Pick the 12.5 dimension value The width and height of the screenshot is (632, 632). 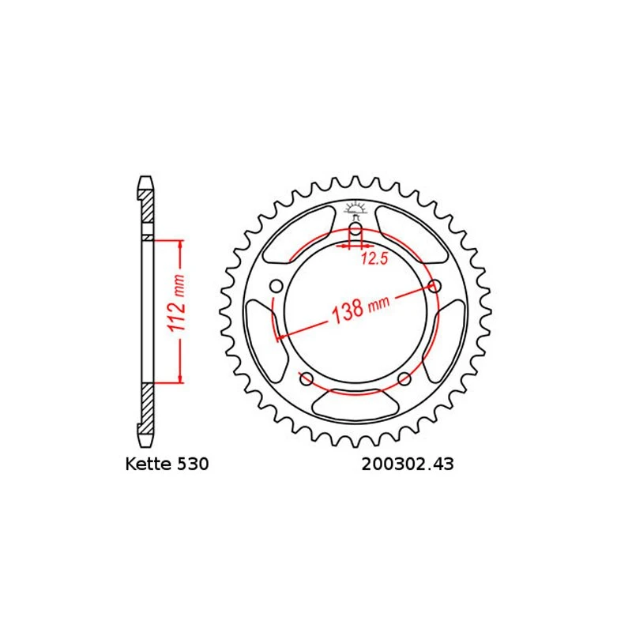click(x=374, y=258)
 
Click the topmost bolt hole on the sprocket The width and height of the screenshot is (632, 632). click(x=355, y=231)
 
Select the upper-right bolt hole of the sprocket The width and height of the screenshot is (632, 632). click(x=433, y=285)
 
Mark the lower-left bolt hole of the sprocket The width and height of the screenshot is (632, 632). click(x=306, y=378)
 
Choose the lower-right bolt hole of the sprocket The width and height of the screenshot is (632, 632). click(x=404, y=378)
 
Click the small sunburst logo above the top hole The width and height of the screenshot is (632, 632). click(x=355, y=209)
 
